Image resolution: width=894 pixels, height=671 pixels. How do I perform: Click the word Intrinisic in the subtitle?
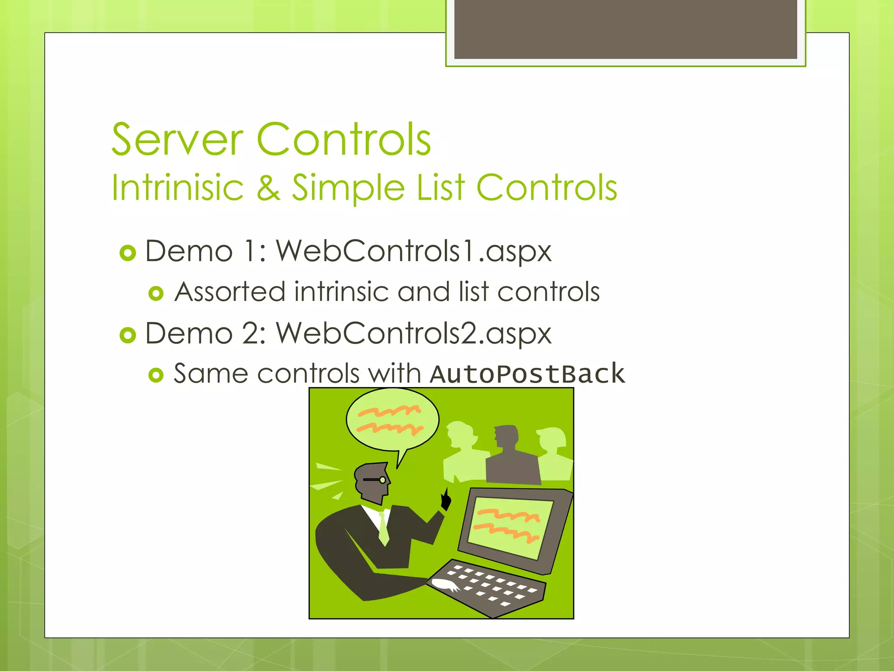tap(177, 188)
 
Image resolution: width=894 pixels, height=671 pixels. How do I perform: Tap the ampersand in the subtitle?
tap(268, 188)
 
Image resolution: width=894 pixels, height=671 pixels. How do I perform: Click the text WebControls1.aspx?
tap(413, 252)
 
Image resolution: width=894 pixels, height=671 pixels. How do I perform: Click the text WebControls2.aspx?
tap(413, 334)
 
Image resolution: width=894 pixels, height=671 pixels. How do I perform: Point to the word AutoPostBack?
tap(527, 374)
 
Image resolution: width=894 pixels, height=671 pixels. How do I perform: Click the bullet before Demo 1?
tap(128, 253)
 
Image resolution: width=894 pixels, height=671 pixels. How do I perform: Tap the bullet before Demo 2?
tap(128, 335)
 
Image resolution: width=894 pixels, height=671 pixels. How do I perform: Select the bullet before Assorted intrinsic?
tap(156, 293)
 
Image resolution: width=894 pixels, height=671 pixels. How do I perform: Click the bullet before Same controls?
tap(156, 375)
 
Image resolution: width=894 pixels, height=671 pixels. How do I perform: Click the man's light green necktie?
tap(384, 529)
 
